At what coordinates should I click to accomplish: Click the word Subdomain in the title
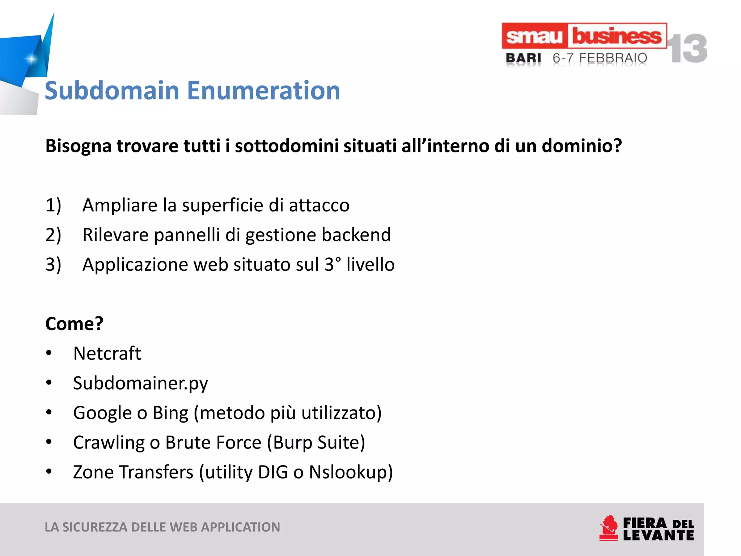(112, 90)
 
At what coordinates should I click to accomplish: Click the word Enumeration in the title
(263, 90)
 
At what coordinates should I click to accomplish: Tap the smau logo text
(534, 36)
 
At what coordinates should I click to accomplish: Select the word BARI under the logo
(523, 58)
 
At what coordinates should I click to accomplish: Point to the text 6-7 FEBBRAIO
(600, 58)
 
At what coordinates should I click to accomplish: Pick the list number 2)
(53, 235)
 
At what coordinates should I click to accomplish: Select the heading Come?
(74, 324)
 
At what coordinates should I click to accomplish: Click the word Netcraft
(107, 353)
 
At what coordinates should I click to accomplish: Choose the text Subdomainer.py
(140, 383)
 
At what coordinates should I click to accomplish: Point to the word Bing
(170, 413)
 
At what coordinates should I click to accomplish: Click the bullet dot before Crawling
(49, 442)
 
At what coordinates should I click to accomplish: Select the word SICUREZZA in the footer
(95, 527)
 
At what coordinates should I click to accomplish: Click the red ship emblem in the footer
(609, 528)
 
